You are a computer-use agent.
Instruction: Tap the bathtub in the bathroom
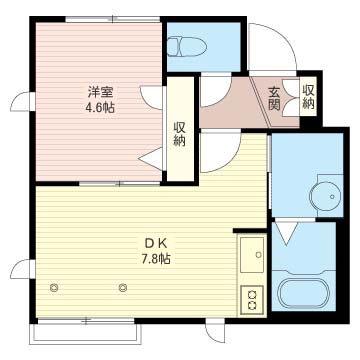303,294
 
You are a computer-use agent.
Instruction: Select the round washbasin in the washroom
326,196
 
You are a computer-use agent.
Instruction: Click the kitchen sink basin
252,255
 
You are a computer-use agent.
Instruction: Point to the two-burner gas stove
252,299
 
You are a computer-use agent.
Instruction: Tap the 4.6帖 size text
100,108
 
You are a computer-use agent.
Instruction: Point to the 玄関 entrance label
274,98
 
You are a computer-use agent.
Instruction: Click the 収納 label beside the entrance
309,97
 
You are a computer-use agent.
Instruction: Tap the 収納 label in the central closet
180,134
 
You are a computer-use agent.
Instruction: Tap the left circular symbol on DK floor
54,287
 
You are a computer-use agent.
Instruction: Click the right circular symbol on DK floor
123,287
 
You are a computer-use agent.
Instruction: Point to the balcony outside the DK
86,333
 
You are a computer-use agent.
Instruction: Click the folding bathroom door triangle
287,233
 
